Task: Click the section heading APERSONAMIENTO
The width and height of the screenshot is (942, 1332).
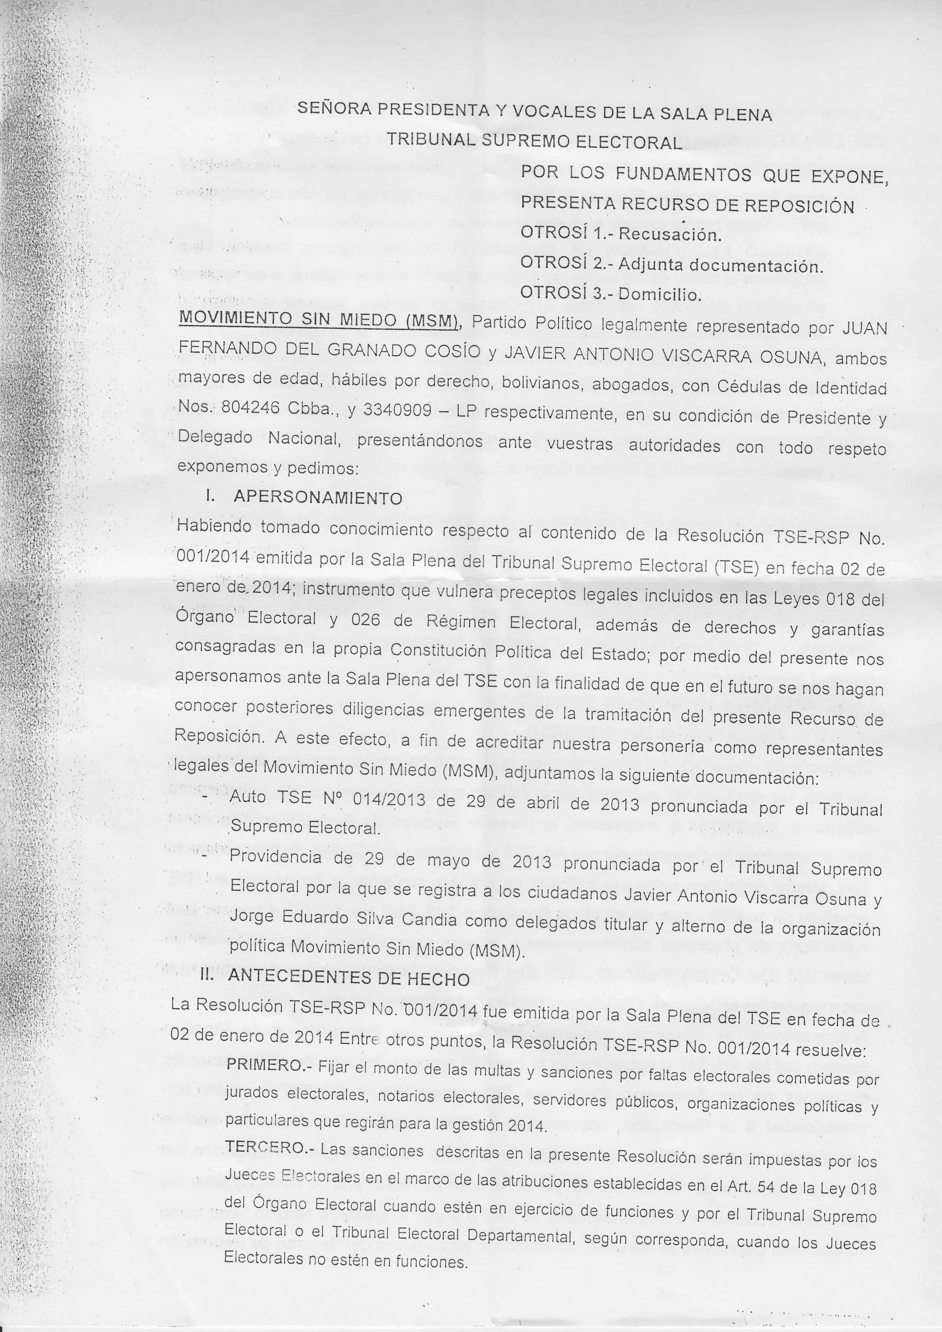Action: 318,498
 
